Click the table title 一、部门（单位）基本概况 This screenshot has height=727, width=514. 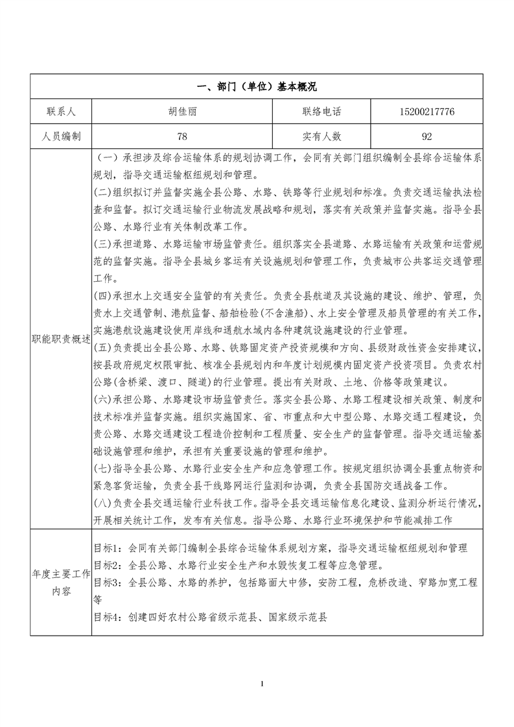point(257,87)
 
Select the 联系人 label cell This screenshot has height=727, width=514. point(61,111)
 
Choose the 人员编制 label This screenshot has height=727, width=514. point(61,136)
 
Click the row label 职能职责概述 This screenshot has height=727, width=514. point(61,339)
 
